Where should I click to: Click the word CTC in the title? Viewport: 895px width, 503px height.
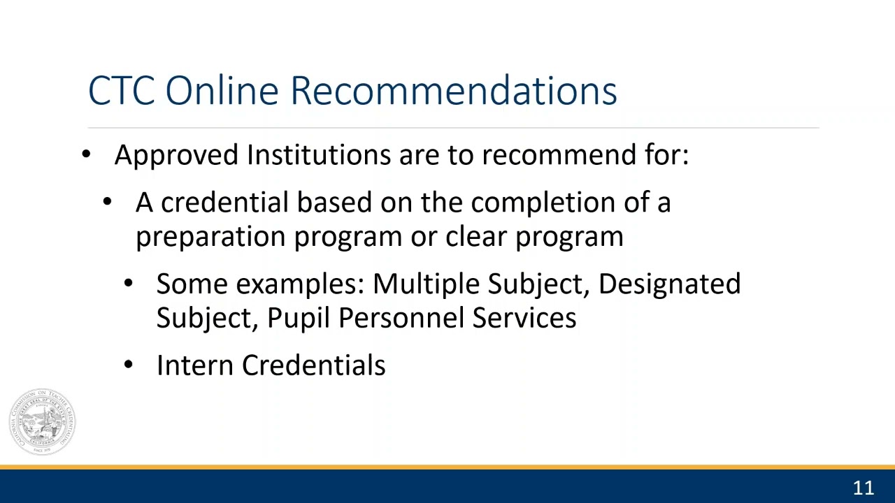point(122,91)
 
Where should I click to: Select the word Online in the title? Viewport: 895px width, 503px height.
point(222,90)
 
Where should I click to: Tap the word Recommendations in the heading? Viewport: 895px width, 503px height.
point(454,90)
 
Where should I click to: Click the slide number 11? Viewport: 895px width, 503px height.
point(864,488)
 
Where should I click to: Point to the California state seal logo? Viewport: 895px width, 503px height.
point(43,422)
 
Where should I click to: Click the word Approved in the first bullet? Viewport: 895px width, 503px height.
point(176,156)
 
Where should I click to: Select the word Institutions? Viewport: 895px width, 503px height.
point(319,154)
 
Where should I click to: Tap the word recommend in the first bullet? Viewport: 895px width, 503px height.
point(559,154)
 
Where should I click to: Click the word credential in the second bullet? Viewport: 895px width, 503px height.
point(224,203)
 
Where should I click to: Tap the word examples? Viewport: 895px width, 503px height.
point(301,285)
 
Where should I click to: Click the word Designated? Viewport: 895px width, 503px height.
point(670,285)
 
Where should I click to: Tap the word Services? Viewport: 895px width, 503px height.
point(524,318)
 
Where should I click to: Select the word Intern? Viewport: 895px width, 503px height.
point(195,365)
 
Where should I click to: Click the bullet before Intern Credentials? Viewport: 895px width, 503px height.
point(128,365)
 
